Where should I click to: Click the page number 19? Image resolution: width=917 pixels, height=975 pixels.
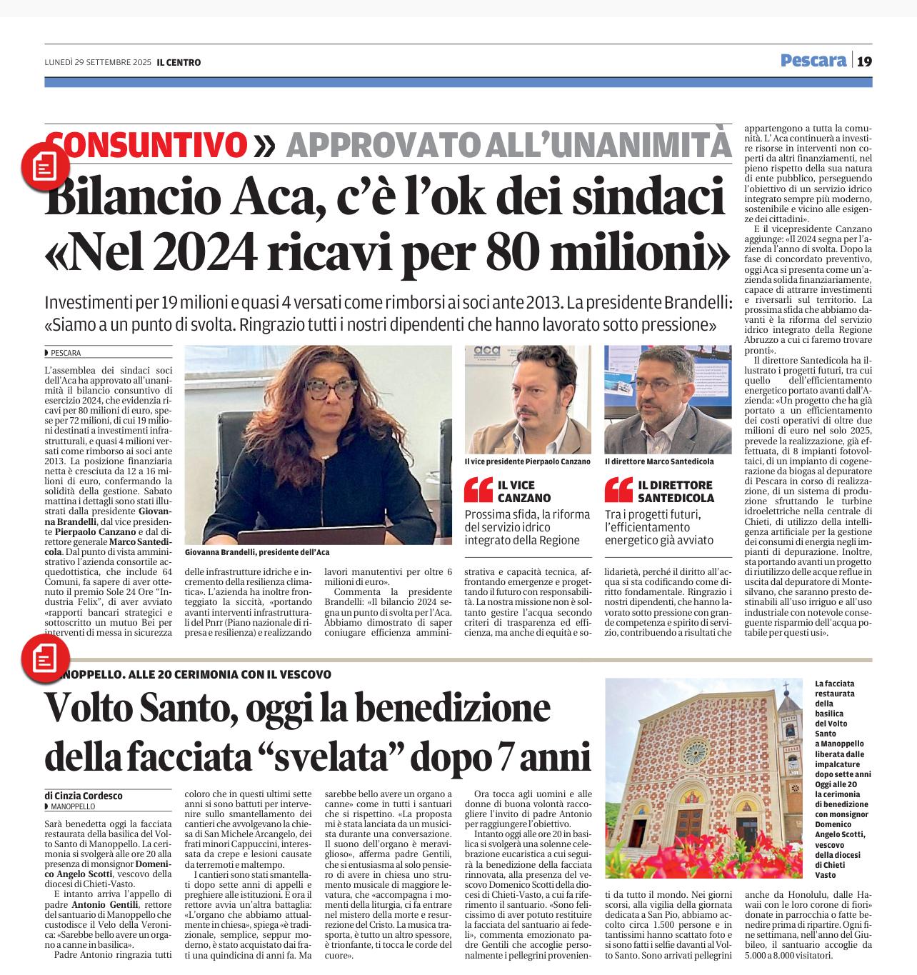(863, 61)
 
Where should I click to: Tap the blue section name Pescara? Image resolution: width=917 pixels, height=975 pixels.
(813, 61)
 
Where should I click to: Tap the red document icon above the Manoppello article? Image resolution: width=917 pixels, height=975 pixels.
(45, 656)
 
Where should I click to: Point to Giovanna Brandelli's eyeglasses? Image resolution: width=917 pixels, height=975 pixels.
(334, 389)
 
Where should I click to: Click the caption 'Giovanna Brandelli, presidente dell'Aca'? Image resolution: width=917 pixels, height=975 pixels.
(257, 552)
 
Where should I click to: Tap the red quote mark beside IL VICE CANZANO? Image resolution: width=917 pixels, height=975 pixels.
(477, 490)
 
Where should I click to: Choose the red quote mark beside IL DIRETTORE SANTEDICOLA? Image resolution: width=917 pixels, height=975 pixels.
(617, 490)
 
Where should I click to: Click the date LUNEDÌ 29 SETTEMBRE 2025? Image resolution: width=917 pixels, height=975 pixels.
(98, 63)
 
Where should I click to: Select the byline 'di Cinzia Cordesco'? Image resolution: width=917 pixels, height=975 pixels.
(83, 795)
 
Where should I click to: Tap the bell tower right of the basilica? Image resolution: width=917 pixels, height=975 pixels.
(789, 743)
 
